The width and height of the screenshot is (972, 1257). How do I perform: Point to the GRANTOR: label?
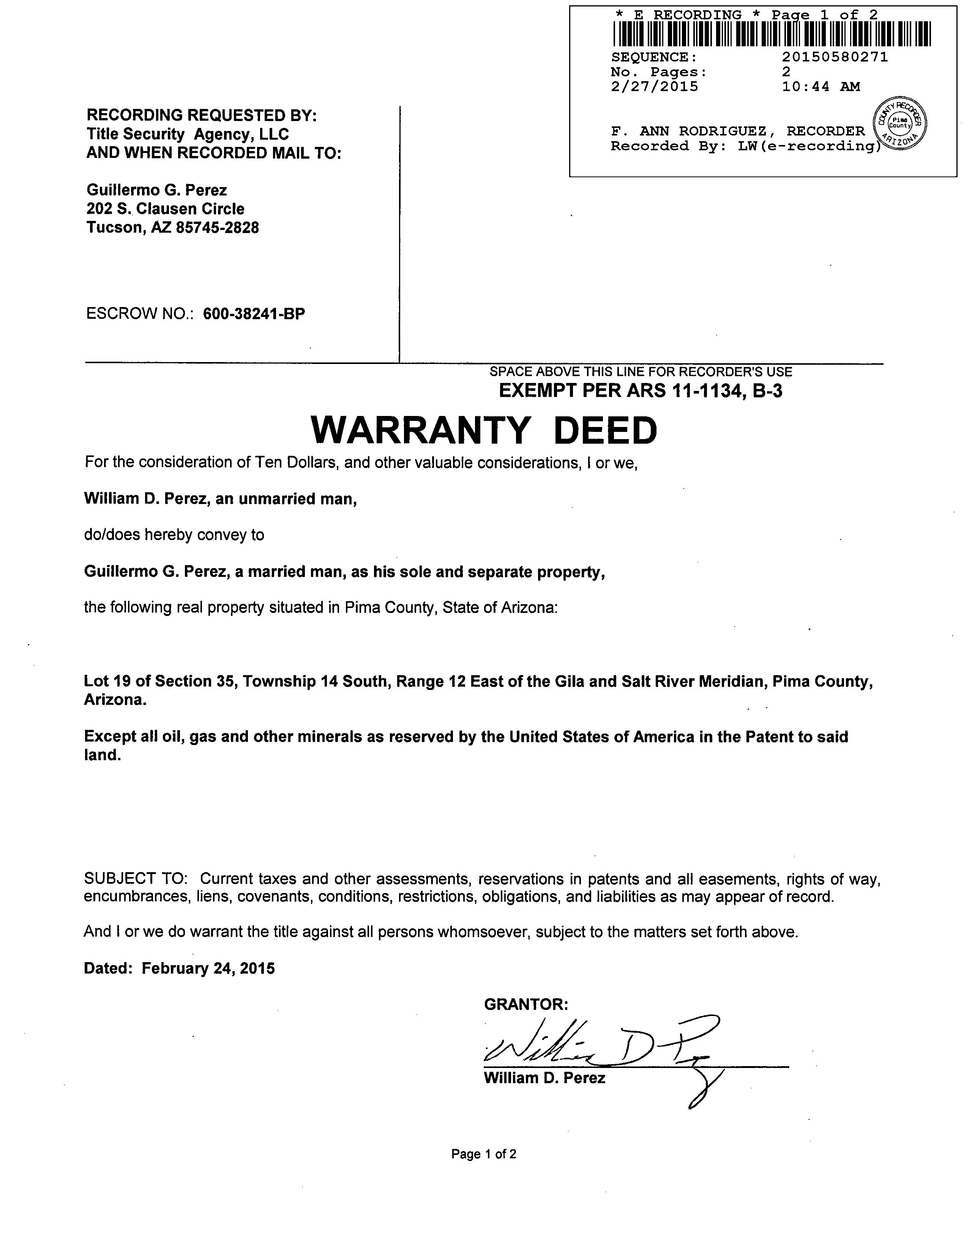coord(526,1004)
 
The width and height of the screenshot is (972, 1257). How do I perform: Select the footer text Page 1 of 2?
coord(484,1154)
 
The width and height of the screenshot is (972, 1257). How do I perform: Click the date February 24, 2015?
coord(208,968)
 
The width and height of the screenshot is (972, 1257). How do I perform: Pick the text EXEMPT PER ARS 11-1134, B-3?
coord(640,391)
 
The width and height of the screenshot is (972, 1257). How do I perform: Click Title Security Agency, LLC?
coord(188,134)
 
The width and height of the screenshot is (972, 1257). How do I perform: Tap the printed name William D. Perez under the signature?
coord(544,1078)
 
